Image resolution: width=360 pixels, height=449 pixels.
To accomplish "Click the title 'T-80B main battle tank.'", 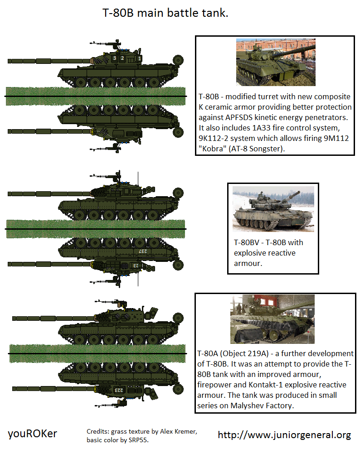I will (x=165, y=13).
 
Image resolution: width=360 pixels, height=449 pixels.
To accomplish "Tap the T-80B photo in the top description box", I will (x=275, y=62).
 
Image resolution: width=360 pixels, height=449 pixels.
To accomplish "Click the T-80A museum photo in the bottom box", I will (x=272, y=319).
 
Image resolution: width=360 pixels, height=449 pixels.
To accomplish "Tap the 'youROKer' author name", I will (x=33, y=434).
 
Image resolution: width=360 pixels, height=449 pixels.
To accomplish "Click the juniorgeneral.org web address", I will (x=284, y=435).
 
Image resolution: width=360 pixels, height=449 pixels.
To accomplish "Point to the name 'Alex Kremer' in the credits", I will (x=176, y=431).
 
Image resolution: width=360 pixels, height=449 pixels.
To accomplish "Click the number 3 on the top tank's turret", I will (x=115, y=58).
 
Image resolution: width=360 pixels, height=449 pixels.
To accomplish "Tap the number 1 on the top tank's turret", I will (x=140, y=58).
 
